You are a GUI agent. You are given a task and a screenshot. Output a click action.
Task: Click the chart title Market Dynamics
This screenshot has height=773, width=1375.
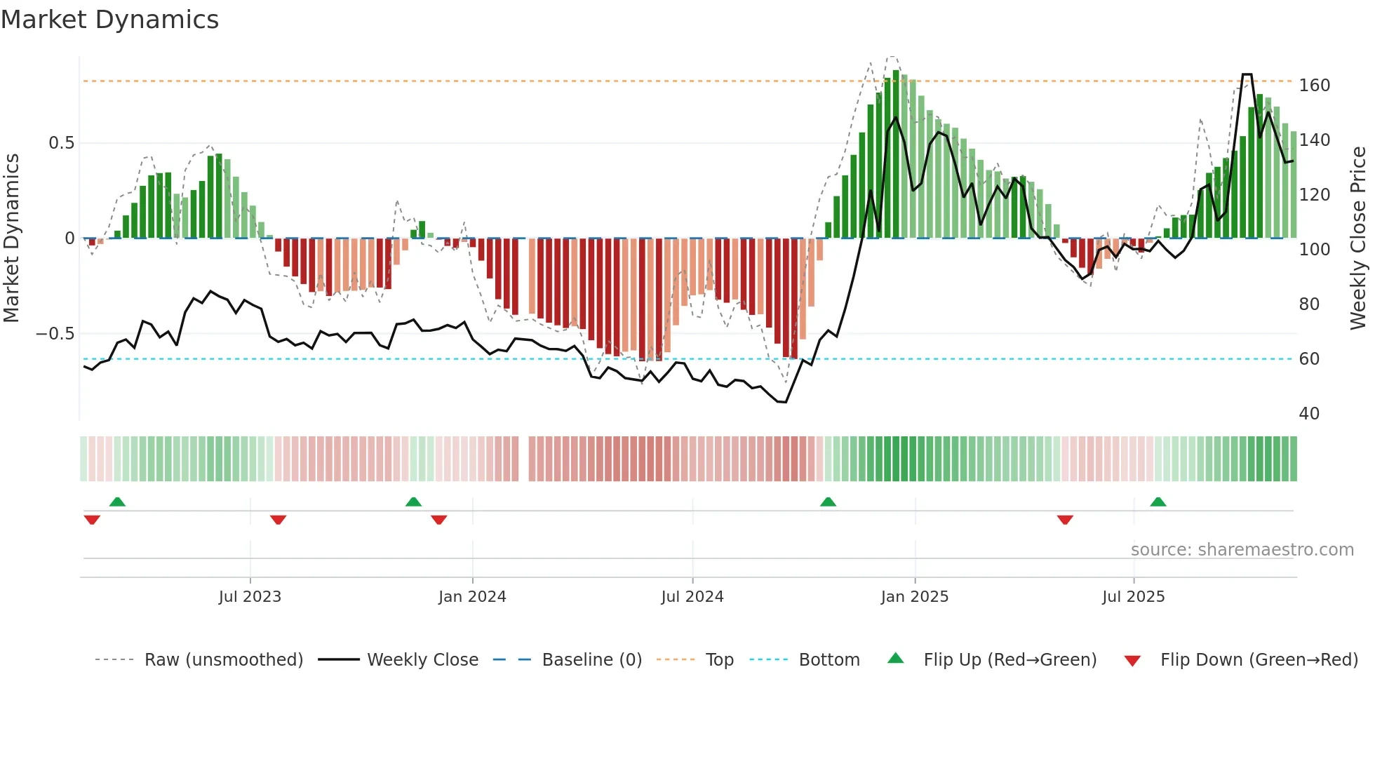coord(109,20)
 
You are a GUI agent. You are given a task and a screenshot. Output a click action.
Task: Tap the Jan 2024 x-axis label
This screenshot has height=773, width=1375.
coord(472,597)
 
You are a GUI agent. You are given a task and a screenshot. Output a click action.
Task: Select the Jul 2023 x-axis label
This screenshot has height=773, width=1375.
coord(250,597)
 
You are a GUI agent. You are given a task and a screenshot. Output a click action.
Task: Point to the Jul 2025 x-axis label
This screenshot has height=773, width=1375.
coord(1133,597)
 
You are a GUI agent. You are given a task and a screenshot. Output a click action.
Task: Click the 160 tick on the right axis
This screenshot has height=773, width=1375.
coord(1314,86)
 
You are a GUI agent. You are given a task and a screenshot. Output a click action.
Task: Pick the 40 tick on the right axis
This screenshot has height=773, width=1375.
coord(1309,414)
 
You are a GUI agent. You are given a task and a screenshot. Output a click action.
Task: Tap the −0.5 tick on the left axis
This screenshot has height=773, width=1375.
coord(55,334)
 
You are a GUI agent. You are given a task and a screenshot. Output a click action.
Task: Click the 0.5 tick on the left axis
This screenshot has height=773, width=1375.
coord(61,143)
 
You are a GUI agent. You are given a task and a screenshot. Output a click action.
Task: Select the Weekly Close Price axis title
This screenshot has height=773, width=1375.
coord(1358,238)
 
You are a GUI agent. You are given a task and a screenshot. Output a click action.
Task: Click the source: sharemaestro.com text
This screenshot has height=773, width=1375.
coord(1242,550)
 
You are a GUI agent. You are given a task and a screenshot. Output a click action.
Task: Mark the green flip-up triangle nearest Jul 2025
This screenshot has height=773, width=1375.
coord(1158,502)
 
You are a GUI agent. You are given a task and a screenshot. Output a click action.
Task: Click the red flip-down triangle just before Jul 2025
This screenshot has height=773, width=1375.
coord(1065,520)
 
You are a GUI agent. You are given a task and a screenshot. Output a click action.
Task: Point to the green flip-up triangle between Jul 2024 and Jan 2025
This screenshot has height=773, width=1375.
coord(828,502)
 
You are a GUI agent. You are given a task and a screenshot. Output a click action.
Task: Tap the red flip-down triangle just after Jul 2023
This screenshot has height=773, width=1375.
coord(278,520)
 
